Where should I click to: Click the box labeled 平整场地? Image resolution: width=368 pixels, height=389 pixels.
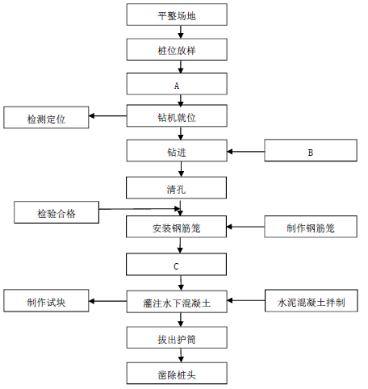[x=177, y=15]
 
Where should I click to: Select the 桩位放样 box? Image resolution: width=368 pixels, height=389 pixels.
[x=177, y=49]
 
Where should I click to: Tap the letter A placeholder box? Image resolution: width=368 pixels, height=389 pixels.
[x=177, y=84]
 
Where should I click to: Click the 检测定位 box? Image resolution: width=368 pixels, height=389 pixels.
[x=46, y=117]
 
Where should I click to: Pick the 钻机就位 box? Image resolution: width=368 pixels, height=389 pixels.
[x=177, y=115]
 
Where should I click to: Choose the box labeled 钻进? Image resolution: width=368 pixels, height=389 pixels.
[x=177, y=150]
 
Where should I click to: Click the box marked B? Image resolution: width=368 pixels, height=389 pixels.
[x=311, y=150]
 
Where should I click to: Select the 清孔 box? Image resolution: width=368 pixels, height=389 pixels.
[x=176, y=187]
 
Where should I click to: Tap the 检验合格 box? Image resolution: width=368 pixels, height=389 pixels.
[x=56, y=212]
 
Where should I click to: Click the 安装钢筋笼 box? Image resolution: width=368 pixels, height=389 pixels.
[x=176, y=227]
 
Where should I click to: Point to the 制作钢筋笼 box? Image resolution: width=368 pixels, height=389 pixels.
[x=311, y=227]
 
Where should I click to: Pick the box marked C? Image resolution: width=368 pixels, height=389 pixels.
[x=176, y=264]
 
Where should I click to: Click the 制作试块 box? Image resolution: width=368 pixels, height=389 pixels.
[x=46, y=301]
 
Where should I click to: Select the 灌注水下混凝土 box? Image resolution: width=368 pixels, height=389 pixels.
[x=177, y=302]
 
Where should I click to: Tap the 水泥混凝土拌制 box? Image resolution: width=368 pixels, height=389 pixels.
[x=312, y=301]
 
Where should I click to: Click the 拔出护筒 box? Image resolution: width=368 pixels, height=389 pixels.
[x=177, y=337]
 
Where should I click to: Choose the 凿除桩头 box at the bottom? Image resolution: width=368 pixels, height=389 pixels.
[x=177, y=373]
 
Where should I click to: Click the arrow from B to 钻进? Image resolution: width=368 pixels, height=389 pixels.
[x=246, y=152]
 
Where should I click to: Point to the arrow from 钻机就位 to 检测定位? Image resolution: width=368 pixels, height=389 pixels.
[x=107, y=116]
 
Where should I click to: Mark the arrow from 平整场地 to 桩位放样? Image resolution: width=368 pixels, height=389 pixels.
[x=181, y=32]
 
